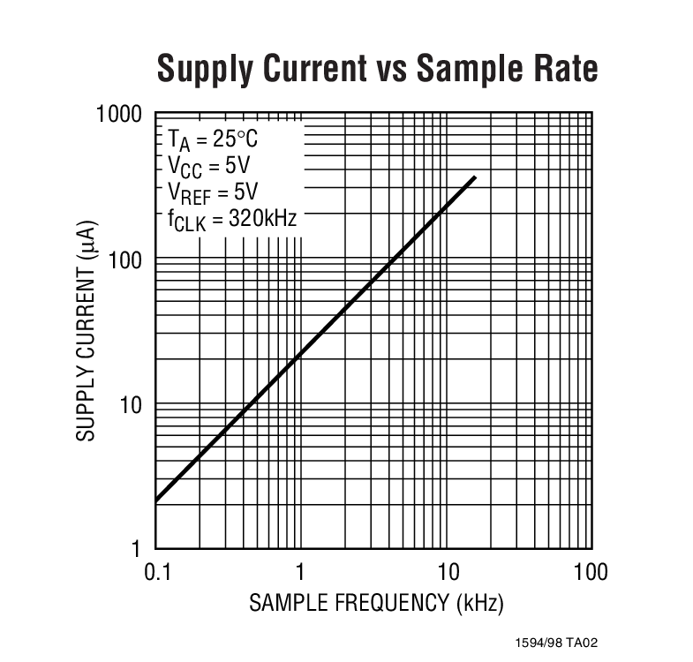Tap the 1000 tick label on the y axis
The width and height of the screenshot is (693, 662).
click(118, 115)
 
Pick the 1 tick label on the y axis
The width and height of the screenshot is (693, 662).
click(138, 550)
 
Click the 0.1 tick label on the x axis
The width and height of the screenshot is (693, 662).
click(156, 572)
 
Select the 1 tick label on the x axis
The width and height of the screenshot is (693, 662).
click(301, 572)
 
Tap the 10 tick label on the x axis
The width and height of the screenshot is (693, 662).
click(447, 572)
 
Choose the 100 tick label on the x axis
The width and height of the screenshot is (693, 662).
click(589, 572)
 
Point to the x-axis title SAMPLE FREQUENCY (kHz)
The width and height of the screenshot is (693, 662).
click(376, 604)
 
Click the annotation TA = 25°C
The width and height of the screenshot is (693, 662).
click(214, 140)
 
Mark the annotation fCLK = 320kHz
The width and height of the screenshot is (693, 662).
click(232, 220)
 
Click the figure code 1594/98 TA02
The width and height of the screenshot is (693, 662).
click(562, 643)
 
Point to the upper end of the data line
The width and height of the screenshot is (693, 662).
click(475, 178)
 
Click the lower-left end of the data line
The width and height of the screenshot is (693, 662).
click(157, 500)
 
